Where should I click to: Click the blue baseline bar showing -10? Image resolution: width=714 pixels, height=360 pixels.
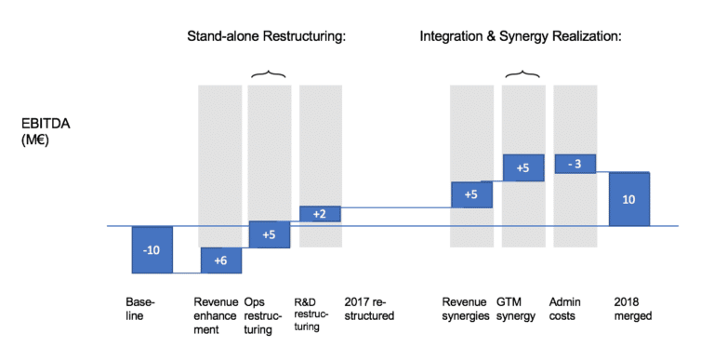(152, 249)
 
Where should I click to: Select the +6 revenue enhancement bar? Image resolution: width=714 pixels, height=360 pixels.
(221, 260)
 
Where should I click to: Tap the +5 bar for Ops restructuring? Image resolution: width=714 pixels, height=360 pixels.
(269, 234)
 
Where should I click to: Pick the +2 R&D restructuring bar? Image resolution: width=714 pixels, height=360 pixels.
(320, 214)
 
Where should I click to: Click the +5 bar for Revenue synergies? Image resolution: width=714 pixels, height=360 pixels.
(471, 194)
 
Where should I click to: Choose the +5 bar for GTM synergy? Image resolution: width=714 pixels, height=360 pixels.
(522, 167)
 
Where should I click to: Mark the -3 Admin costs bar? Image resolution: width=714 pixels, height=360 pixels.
(575, 164)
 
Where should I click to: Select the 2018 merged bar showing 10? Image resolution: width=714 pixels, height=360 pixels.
(629, 199)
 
